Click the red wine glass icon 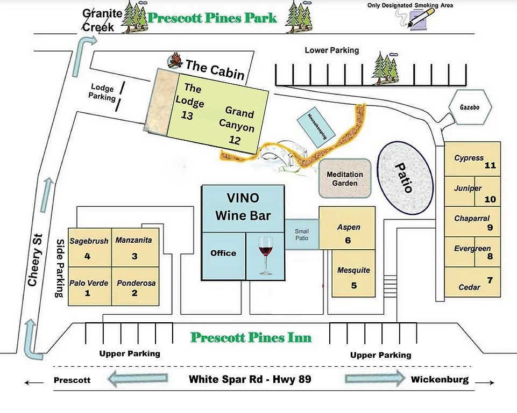tap(265, 256)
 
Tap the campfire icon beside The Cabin tap(175, 61)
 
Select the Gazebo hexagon tap(470, 107)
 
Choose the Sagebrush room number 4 tap(87, 256)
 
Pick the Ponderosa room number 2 tap(134, 293)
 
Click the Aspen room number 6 tap(348, 240)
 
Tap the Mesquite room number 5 tap(353, 285)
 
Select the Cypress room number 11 tap(489, 165)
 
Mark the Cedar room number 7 tap(489, 280)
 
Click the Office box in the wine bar tap(223, 253)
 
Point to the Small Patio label tap(302, 234)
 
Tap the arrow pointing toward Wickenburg tap(374, 379)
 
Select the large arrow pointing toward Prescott tap(139, 379)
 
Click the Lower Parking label tap(331, 50)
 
